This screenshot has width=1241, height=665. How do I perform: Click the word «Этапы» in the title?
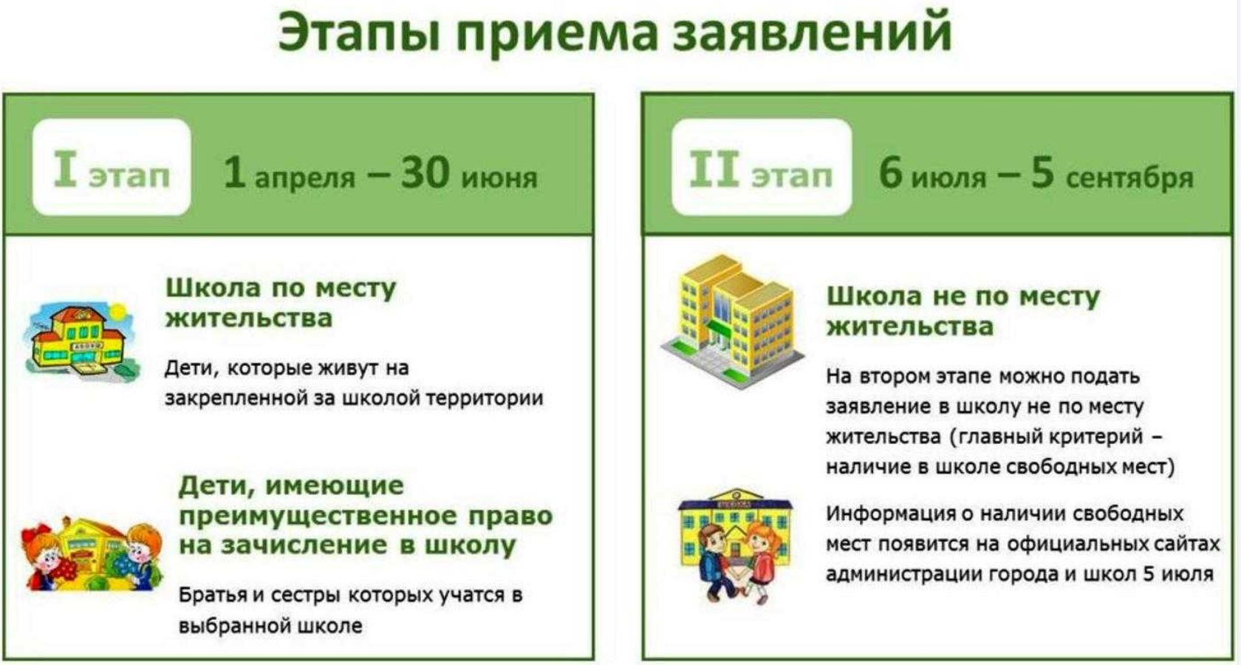point(360,33)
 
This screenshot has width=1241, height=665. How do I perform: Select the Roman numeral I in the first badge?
point(65,168)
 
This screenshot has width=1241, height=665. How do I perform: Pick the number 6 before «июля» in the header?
point(892,172)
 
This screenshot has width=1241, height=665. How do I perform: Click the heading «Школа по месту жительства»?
point(281,303)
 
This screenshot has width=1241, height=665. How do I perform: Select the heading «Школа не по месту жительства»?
point(963,312)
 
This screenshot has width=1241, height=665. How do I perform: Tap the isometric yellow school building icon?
point(733,322)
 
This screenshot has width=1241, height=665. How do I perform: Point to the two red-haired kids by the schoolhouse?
point(92,554)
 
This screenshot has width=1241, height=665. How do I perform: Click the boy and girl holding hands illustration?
point(735,545)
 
